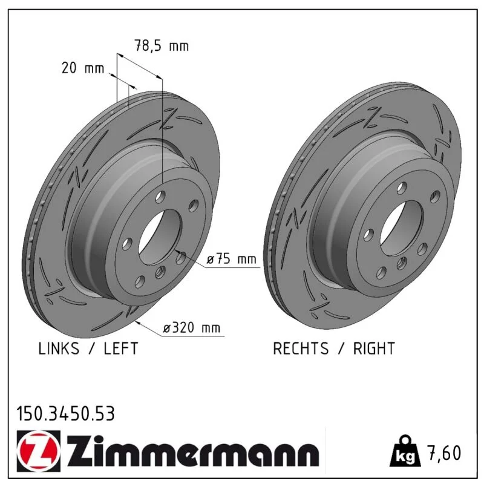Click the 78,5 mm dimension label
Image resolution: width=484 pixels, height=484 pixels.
point(162,46)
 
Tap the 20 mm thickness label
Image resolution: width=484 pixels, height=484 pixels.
point(83,68)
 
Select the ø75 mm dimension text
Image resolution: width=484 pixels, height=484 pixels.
point(232,258)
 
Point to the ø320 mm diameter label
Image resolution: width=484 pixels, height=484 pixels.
point(192,327)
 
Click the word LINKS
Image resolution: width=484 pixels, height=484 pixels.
point(59,348)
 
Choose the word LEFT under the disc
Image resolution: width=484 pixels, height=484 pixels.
point(120,348)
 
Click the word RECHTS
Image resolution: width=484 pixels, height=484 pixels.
point(301,348)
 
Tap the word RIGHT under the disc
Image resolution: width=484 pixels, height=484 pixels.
point(374,348)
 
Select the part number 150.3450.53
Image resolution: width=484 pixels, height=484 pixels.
point(65,414)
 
